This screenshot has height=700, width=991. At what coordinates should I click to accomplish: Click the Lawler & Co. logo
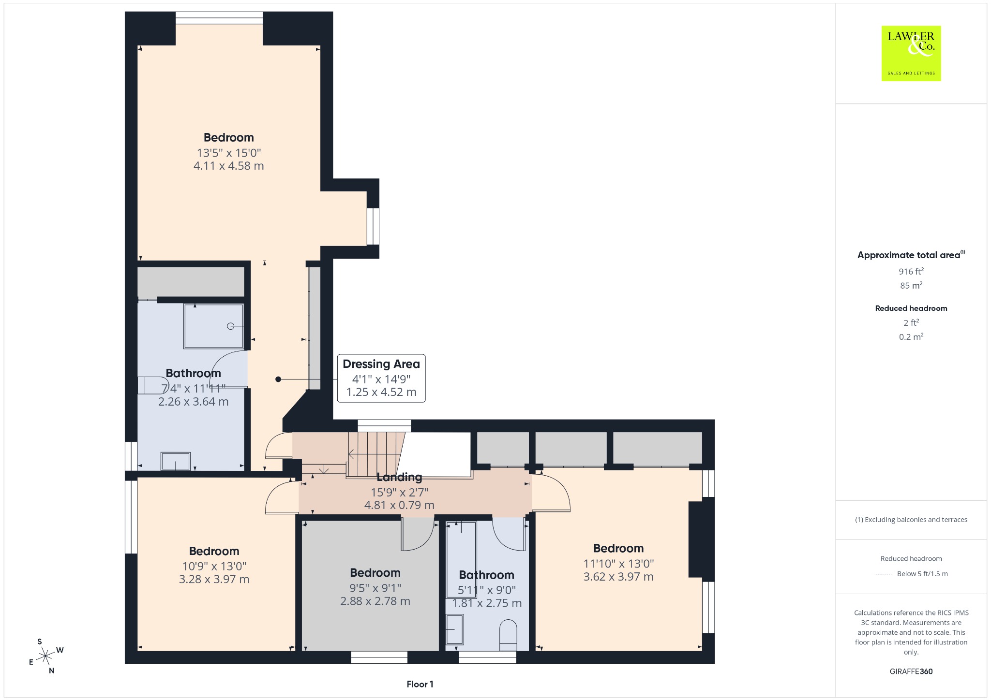911,53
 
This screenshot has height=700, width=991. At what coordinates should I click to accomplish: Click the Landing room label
399,478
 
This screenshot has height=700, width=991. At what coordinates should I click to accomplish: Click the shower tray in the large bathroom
213,326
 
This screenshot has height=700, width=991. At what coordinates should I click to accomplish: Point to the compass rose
46,656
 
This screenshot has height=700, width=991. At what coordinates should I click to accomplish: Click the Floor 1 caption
420,684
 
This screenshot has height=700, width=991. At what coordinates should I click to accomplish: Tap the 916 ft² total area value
911,271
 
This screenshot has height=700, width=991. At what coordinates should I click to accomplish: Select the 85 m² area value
911,285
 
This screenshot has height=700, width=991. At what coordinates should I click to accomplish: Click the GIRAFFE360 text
911,671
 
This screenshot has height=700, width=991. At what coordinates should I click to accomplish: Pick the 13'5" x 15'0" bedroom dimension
229,153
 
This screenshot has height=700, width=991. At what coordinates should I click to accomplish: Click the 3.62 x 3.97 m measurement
618,577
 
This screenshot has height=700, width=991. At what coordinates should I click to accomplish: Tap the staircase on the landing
375,453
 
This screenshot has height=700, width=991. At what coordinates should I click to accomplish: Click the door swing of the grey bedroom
418,534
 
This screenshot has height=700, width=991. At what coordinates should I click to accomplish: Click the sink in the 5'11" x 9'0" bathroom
454,629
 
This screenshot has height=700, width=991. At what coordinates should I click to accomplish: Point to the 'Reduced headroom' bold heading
911,308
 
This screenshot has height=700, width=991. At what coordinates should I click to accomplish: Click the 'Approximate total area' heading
909,255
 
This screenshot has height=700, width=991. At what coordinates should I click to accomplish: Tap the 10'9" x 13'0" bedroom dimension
214,566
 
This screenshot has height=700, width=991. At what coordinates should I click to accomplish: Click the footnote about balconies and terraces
911,520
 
